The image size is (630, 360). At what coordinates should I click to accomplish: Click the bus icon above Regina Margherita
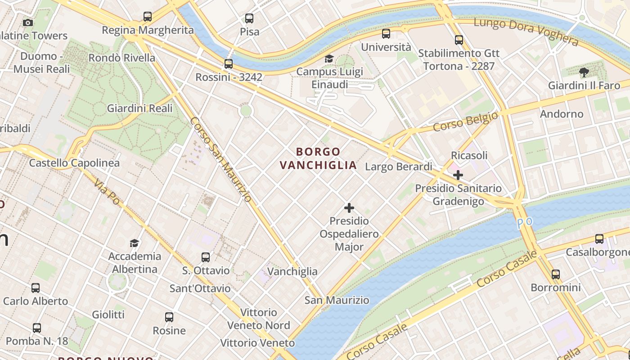[148, 17]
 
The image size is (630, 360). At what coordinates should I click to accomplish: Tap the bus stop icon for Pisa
[249, 18]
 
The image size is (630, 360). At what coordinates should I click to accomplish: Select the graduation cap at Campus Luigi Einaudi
[329, 59]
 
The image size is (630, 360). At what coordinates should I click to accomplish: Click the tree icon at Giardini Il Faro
[584, 72]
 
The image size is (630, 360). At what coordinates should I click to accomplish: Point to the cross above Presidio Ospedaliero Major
[349, 208]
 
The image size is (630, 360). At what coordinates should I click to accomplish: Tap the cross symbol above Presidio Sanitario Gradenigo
[458, 175]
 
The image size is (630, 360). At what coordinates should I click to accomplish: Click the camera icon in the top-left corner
[28, 22]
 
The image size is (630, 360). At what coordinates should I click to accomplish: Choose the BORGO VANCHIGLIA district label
[318, 158]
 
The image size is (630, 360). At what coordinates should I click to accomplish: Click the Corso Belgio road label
[466, 122]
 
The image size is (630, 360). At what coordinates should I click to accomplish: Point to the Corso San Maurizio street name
[220, 159]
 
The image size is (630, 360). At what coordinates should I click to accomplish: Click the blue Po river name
[524, 223]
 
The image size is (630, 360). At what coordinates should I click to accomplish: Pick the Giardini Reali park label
[139, 108]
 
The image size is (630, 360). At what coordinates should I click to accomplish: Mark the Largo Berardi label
[399, 167]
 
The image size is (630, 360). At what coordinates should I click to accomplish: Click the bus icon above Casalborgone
[599, 239]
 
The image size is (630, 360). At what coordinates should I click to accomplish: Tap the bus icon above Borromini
[556, 274]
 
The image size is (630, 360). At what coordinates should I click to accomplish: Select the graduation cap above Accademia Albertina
[134, 243]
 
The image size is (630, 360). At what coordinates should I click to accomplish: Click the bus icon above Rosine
[169, 317]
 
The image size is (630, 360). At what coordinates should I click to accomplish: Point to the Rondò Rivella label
[121, 58]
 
